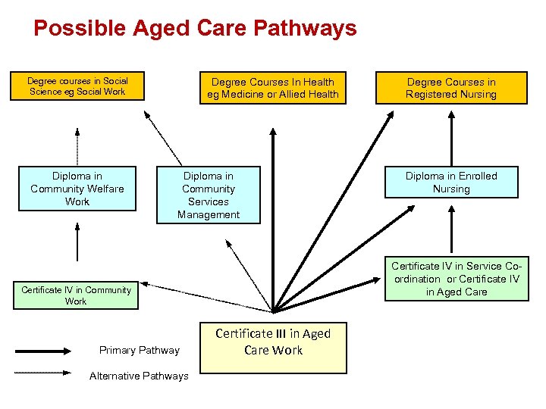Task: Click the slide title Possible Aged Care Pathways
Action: (x=195, y=29)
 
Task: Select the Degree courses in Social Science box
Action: (x=77, y=86)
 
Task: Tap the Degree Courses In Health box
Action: (x=273, y=88)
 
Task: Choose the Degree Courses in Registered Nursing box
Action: (x=451, y=88)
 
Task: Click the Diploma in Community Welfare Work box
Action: (x=77, y=189)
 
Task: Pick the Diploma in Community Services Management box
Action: (x=209, y=195)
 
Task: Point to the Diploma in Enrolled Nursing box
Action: (x=451, y=183)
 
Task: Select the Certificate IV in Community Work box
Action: (x=76, y=295)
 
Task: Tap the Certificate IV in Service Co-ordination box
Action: (x=457, y=279)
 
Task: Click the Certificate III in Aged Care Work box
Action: (x=273, y=342)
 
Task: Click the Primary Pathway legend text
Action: (x=140, y=350)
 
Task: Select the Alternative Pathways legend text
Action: (x=139, y=376)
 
